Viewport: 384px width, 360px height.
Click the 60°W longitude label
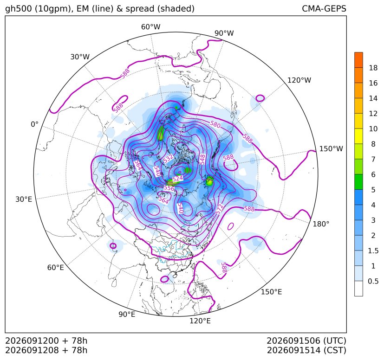tap(150, 27)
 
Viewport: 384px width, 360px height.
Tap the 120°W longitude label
tap(299, 80)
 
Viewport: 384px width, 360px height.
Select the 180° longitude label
tap(321, 224)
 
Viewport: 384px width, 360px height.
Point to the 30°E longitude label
tap(24, 199)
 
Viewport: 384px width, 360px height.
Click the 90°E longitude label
tap(127, 315)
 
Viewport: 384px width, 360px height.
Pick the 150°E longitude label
tap(271, 292)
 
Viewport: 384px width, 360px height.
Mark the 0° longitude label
tap(34, 124)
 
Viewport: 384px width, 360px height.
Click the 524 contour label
tap(177, 179)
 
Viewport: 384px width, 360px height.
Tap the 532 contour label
tap(168, 159)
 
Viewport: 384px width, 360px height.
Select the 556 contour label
tap(169, 188)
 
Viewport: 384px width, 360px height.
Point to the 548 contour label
tap(202, 159)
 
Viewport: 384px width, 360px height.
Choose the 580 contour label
tap(215, 125)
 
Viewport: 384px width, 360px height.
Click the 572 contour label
tap(220, 209)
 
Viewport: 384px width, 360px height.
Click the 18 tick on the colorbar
tap(373, 68)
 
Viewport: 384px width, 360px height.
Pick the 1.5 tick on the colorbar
tap(373, 251)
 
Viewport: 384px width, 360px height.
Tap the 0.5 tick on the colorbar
tap(373, 281)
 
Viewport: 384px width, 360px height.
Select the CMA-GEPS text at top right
tap(324, 9)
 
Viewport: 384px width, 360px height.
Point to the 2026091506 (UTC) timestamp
tap(306, 341)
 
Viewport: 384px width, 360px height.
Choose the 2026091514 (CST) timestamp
tap(306, 350)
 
